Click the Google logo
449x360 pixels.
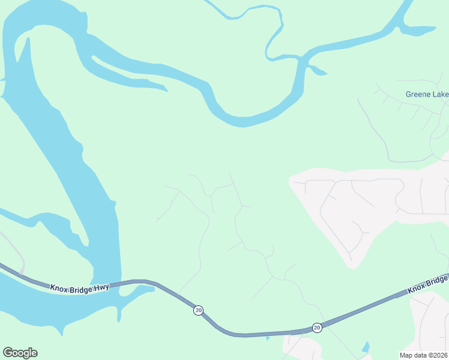click(20, 353)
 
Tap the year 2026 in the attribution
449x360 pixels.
click(439, 355)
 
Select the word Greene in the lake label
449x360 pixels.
click(418, 94)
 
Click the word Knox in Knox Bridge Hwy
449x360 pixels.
click(59, 288)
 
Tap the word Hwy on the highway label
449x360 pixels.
click(101, 288)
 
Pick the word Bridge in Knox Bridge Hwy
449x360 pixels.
click(82, 288)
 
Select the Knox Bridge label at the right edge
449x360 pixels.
click(428, 284)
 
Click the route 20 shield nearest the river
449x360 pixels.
click(198, 310)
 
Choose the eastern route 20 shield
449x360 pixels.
click(317, 328)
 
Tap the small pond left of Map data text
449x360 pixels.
click(366, 347)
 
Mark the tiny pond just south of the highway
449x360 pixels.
click(268, 338)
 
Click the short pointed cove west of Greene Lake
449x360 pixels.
click(318, 72)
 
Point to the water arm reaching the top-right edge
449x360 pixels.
click(420, 28)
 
